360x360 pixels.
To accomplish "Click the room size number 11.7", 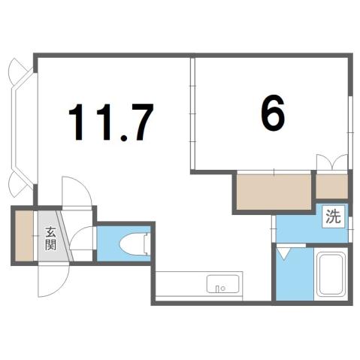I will point(111,123).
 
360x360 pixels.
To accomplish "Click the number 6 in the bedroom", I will point(273,114).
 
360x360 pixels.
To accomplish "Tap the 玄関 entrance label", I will point(50,237).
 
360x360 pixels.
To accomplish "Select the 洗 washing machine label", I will point(333,219).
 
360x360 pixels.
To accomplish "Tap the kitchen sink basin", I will point(224,285).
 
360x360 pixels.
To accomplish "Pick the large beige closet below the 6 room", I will point(274,192).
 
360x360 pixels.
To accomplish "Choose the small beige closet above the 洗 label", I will point(331,186).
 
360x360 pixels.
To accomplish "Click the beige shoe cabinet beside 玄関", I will point(23,236).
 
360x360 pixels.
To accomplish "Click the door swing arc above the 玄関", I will point(75,192).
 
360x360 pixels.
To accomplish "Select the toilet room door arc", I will point(83,241).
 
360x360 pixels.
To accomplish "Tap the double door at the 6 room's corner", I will point(331,162).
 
